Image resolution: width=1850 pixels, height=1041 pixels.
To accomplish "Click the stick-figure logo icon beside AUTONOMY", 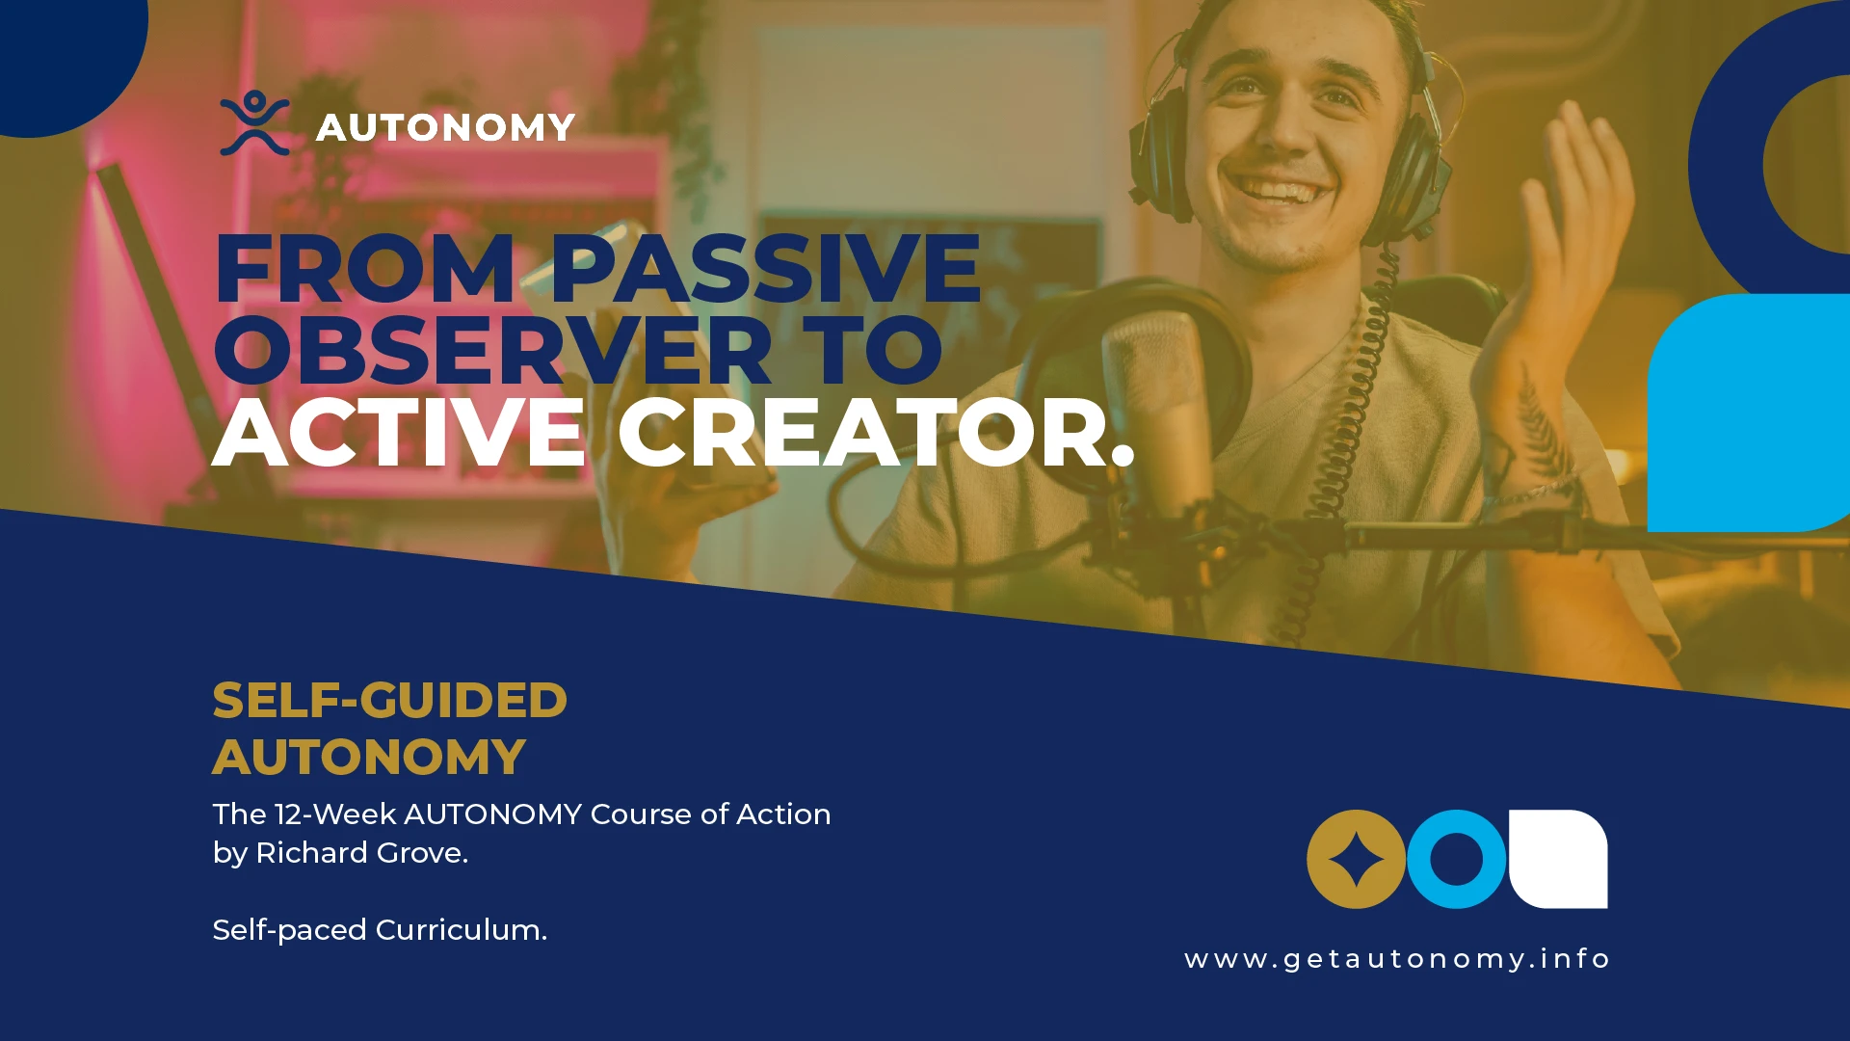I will pos(254,123).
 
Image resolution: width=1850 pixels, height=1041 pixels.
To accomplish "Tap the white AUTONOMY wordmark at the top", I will pos(445,127).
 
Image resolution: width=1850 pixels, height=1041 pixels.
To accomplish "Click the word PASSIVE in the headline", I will pos(765,269).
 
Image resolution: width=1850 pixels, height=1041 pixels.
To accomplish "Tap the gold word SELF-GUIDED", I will pos(389,701).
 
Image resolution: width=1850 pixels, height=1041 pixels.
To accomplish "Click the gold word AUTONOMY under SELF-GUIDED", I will pos(369,757).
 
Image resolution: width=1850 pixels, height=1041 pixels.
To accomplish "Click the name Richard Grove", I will pos(360,853).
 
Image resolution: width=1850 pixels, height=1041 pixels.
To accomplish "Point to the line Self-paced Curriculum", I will pos(380,930).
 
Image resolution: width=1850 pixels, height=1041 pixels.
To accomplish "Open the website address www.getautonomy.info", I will pos(1397,959).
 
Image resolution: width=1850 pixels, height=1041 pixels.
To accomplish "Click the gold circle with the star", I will pos(1356,859).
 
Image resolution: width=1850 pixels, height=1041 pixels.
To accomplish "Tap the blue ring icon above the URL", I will pos(1456,859).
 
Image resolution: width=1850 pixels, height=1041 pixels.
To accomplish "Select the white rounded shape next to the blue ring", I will pos(1558,859).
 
